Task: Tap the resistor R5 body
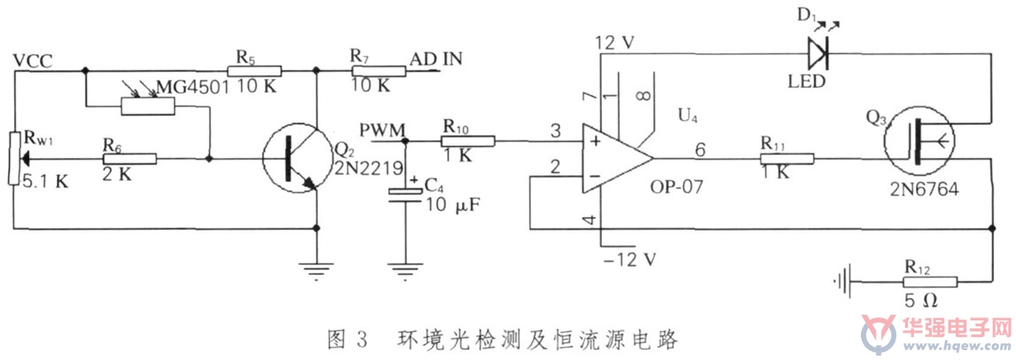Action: click(x=254, y=71)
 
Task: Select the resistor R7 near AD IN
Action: click(x=379, y=71)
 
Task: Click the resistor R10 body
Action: click(x=468, y=141)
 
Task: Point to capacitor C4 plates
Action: click(x=403, y=196)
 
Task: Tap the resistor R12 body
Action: click(x=929, y=282)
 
